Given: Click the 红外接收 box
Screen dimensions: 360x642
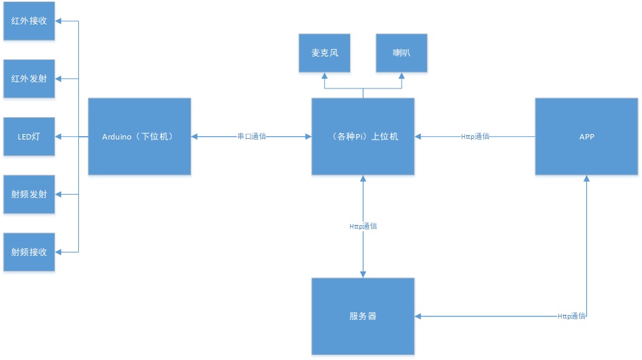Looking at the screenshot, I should pyautogui.click(x=29, y=20).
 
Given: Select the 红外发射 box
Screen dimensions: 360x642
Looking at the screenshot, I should pyautogui.click(x=29, y=79).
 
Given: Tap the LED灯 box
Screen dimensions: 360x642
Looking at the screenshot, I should pyautogui.click(x=29, y=137).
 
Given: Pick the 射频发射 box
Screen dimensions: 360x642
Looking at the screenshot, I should pyautogui.click(x=29, y=195).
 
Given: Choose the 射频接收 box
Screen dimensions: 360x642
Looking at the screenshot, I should pyautogui.click(x=29, y=252).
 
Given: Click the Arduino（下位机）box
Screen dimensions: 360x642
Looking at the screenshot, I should pyautogui.click(x=140, y=137).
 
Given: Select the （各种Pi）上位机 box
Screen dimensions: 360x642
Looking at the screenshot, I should pyautogui.click(x=363, y=137).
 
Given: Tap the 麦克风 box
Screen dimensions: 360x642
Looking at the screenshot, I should pyautogui.click(x=324, y=52).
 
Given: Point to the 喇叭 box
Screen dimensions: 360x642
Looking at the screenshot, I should pyautogui.click(x=402, y=52).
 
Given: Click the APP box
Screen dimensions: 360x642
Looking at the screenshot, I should pyautogui.click(x=586, y=137).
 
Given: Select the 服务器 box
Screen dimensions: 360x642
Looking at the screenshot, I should pyautogui.click(x=363, y=316).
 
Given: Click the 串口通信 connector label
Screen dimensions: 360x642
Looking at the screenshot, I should pyautogui.click(x=251, y=137).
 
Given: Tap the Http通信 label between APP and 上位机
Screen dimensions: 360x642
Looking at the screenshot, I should pyautogui.click(x=475, y=137).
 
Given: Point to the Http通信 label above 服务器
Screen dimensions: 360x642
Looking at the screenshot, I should pyautogui.click(x=363, y=226).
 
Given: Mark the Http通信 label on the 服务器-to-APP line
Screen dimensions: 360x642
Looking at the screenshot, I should pyautogui.click(x=571, y=316).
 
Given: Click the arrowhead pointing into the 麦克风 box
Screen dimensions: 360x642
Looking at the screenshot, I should pyautogui.click(x=324, y=76).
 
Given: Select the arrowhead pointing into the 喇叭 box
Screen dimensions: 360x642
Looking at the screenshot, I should pyautogui.click(x=402, y=76).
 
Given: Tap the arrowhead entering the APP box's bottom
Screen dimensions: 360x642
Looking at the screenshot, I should pyautogui.click(x=586, y=179).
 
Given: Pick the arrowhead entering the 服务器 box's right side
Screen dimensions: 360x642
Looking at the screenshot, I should pyautogui.click(x=419, y=316).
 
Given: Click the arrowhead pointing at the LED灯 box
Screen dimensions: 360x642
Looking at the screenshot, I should pyautogui.click(x=59, y=137).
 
